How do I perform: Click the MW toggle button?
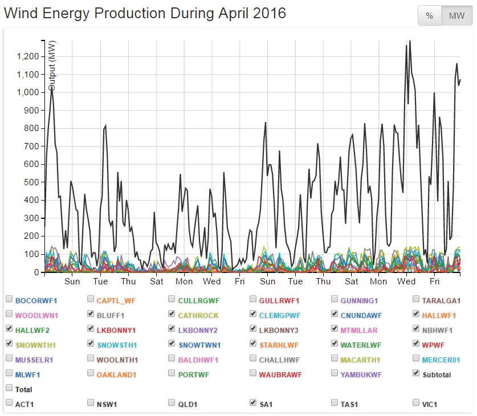point(456,16)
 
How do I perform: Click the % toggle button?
point(430,16)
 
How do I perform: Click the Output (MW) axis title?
point(52,66)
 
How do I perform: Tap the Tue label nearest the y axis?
point(100,282)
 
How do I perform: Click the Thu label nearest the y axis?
point(128,282)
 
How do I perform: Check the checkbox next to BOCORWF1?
point(9,299)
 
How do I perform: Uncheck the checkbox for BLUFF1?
point(91,314)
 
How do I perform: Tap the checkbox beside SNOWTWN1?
point(172,344)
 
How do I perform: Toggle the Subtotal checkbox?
point(417,373)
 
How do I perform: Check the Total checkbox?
point(9,388)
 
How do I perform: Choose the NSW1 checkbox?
point(91,402)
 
